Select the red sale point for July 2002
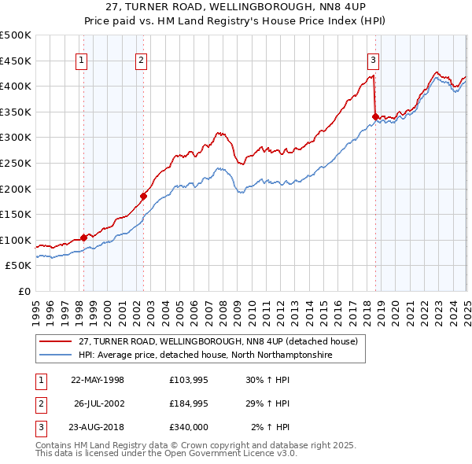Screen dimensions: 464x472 click(x=143, y=196)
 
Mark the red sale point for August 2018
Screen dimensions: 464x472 click(x=375, y=116)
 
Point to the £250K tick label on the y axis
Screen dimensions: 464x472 click(x=16, y=163)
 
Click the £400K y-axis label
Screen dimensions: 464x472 click(x=16, y=86)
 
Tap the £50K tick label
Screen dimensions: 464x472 click(x=18, y=266)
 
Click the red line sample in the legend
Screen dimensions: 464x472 click(x=56, y=341)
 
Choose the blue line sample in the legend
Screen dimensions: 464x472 click(x=56, y=355)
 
